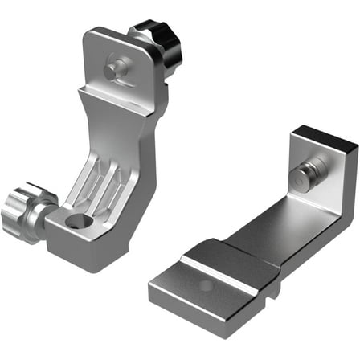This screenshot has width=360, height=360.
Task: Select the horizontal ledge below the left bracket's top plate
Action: (x=121, y=100)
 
